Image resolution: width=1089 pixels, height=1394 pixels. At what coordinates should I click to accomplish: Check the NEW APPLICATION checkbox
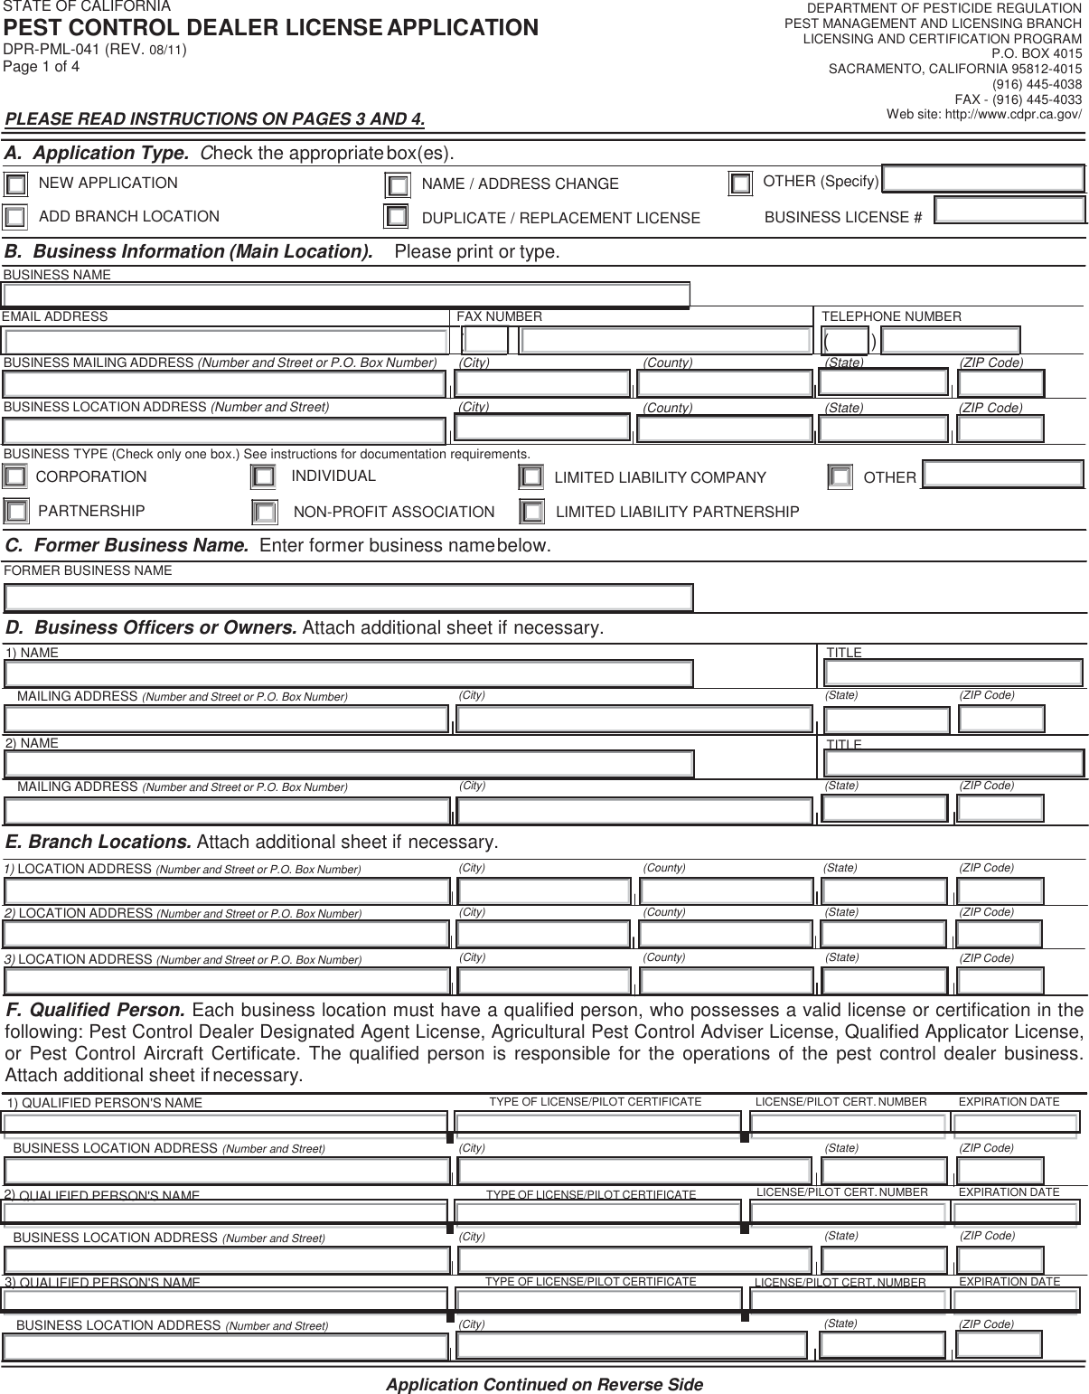click(15, 184)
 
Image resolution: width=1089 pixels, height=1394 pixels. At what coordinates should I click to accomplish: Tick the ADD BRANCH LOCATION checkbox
click(14, 217)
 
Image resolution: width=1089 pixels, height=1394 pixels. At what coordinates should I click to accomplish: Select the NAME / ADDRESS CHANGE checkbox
click(398, 185)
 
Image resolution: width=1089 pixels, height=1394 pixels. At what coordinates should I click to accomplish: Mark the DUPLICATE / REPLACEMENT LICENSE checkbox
click(396, 217)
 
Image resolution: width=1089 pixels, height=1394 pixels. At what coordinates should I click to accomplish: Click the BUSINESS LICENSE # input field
click(1009, 211)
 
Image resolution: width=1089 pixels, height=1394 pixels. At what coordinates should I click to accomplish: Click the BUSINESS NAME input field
click(346, 296)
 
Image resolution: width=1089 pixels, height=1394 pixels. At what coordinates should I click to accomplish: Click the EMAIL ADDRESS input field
click(225, 341)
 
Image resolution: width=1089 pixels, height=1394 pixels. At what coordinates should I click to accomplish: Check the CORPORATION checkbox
click(14, 476)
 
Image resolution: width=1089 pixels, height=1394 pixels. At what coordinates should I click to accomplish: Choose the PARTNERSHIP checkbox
click(16, 512)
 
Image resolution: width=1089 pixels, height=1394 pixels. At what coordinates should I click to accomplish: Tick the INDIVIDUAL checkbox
click(263, 476)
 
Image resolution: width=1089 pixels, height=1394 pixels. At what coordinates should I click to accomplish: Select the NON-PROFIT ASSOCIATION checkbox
click(265, 513)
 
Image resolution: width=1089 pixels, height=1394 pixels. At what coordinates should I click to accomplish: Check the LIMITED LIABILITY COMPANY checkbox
click(531, 476)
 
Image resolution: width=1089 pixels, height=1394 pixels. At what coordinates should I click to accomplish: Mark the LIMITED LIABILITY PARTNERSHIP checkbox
click(533, 512)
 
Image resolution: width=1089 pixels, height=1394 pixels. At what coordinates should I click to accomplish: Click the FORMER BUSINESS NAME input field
click(349, 598)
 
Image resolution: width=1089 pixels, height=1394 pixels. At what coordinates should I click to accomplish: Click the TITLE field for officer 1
click(953, 673)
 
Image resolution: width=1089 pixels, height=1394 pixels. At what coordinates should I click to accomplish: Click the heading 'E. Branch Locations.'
click(99, 843)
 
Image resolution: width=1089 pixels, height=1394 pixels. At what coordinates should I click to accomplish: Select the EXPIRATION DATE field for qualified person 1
click(1015, 1123)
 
